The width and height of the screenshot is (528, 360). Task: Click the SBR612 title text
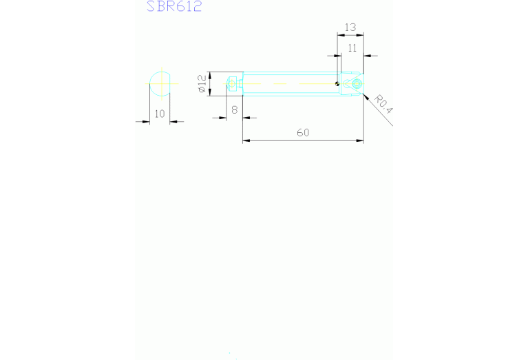pyautogui.click(x=174, y=7)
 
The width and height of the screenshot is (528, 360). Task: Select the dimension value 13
pyautogui.click(x=350, y=28)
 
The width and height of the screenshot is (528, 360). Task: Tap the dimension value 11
pyautogui.click(x=352, y=47)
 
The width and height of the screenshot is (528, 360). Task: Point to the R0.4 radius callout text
pyautogui.click(x=383, y=105)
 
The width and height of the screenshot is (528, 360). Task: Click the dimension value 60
pyautogui.click(x=303, y=133)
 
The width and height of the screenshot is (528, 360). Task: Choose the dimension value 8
pyautogui.click(x=234, y=109)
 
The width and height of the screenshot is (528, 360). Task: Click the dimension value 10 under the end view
pyautogui.click(x=160, y=114)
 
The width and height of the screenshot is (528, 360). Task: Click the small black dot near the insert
pyautogui.click(x=337, y=85)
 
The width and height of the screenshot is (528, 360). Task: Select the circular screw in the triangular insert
pyautogui.click(x=355, y=84)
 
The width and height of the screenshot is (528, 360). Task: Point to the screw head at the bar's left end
pyautogui.click(x=234, y=84)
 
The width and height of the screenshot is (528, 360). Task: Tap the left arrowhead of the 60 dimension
pyautogui.click(x=246, y=141)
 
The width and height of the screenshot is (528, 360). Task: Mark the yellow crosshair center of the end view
pyautogui.click(x=160, y=83)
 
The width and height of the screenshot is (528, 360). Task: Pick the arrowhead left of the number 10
pyautogui.click(x=147, y=122)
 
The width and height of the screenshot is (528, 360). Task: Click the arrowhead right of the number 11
pyautogui.click(x=366, y=55)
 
